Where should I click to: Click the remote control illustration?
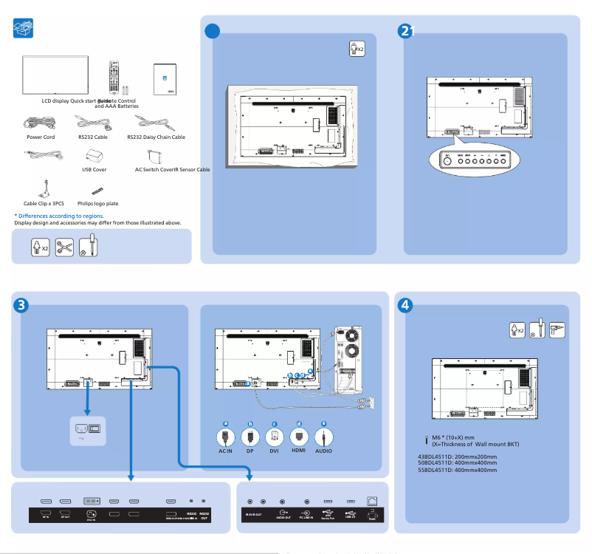113,75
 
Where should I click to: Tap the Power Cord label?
41,137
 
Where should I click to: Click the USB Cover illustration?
94,156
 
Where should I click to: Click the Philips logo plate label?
98,203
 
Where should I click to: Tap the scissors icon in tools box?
64,248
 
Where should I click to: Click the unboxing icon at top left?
24,29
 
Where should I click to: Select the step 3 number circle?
22,304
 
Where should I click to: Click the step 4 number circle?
405,304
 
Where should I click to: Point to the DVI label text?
274,451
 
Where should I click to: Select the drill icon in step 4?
557,330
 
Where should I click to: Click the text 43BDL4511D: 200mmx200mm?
457,456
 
